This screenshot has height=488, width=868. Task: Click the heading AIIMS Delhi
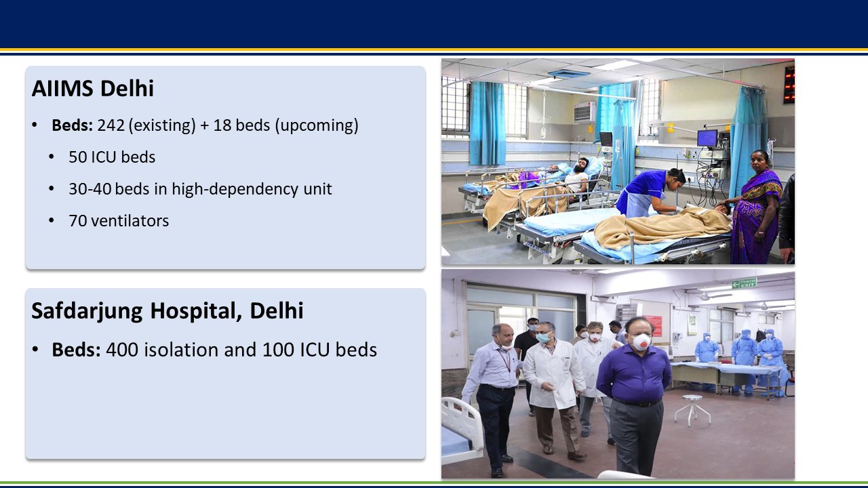coord(93,89)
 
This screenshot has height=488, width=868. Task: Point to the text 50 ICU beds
coord(112,157)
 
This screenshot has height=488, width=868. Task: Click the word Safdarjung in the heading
coord(87,310)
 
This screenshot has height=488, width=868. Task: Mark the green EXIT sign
coord(744,283)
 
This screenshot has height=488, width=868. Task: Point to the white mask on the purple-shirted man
coord(641,342)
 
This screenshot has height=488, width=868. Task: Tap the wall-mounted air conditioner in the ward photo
coord(585,112)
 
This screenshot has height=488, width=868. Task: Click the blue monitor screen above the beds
coord(707,138)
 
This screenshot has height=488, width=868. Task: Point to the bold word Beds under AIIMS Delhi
coord(72,125)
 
